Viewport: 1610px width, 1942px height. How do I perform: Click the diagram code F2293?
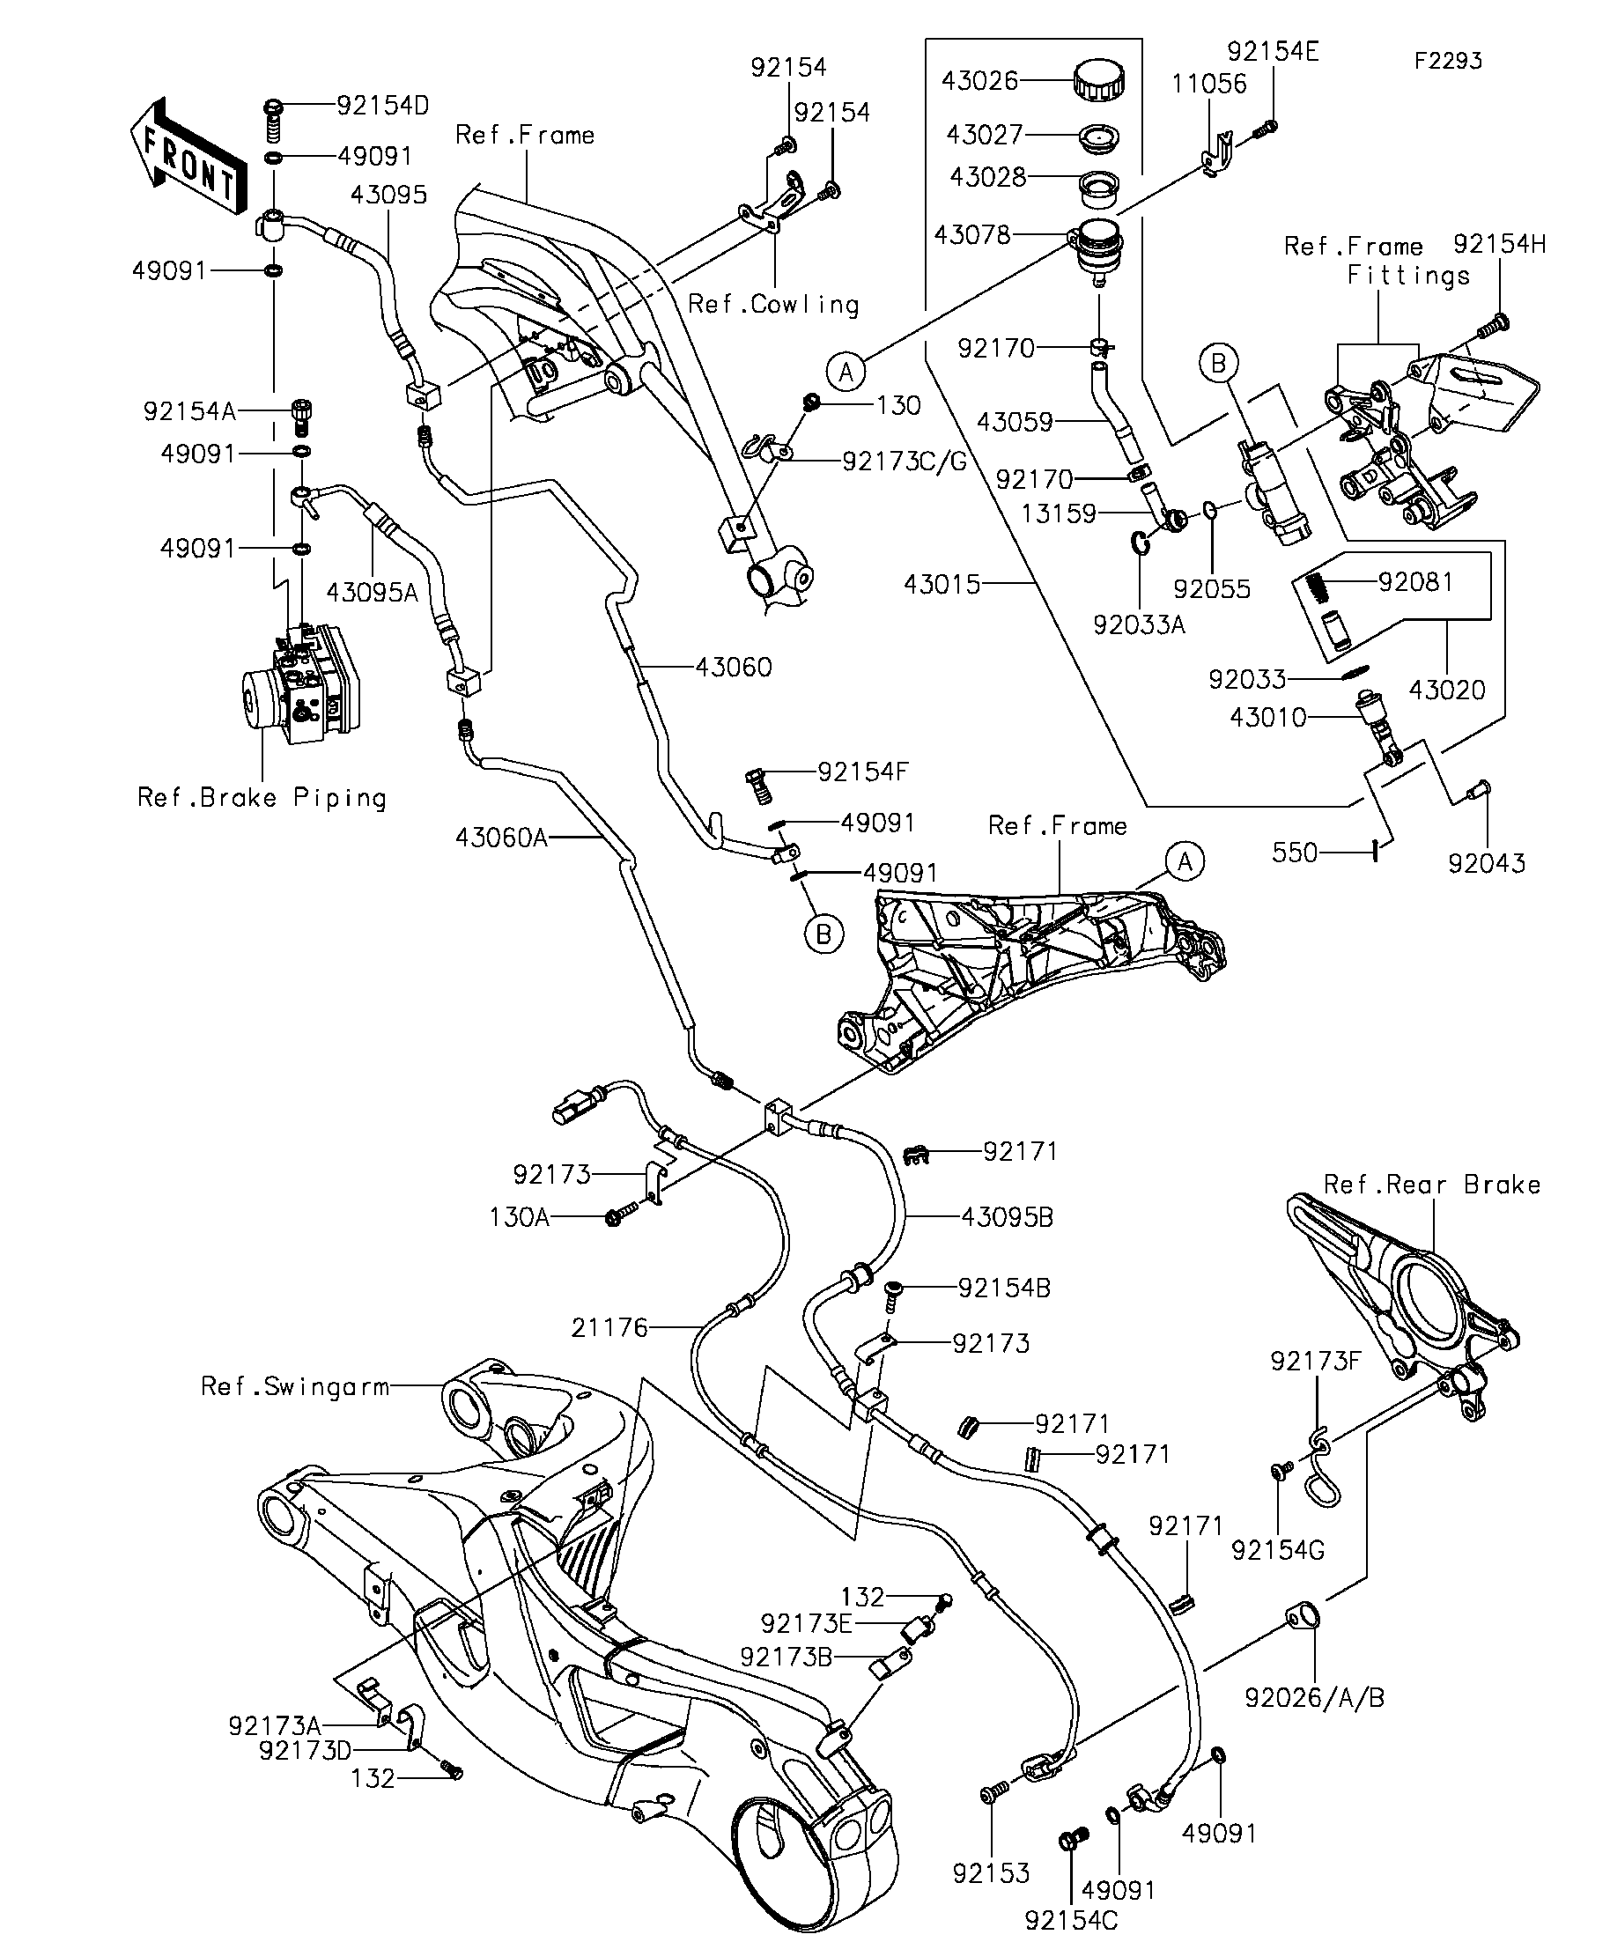point(1447,61)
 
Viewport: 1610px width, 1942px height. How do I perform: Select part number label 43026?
point(979,81)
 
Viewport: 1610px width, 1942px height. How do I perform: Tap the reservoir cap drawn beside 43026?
point(1098,80)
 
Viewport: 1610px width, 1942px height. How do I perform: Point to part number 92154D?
point(382,106)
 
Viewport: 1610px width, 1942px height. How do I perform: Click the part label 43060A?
point(500,838)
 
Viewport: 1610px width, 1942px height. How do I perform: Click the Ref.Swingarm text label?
point(294,1387)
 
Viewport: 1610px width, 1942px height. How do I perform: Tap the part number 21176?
point(609,1328)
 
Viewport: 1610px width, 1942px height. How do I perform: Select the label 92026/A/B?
point(1314,1698)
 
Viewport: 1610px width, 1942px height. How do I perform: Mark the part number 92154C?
point(1071,1921)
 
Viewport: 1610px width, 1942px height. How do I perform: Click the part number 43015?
point(942,585)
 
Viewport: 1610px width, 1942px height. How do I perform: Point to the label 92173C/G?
point(904,461)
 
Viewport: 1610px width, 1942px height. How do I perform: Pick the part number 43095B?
point(1007,1218)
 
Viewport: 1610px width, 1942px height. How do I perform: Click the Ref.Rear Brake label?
point(1431,1185)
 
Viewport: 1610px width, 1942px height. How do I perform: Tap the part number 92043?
point(1486,863)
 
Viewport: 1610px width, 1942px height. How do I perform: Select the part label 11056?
point(1208,85)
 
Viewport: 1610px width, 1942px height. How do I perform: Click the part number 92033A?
point(1139,625)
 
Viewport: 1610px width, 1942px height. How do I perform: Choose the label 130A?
point(519,1218)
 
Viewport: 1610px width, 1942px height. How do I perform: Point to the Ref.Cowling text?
point(773,304)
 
